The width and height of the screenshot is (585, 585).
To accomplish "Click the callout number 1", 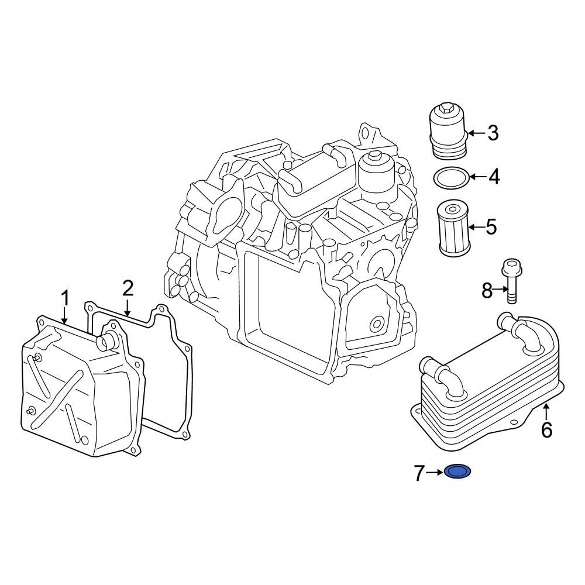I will click(66, 298).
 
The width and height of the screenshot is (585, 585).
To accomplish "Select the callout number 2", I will click(128, 288).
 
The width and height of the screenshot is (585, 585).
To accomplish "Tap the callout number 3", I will click(493, 133).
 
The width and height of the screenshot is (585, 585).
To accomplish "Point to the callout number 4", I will click(494, 177).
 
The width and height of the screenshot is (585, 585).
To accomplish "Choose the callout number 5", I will click(491, 226).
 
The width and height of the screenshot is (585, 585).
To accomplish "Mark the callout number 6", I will click(546, 430).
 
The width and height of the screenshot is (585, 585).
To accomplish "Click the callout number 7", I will click(418, 473).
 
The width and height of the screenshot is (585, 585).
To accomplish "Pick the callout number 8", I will click(487, 290).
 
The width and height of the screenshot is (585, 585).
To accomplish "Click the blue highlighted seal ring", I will click(458, 471).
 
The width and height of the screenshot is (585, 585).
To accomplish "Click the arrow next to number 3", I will click(476, 133).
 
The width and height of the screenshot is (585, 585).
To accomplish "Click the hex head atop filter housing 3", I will click(448, 108).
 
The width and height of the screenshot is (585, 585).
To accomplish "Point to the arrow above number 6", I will click(546, 410).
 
